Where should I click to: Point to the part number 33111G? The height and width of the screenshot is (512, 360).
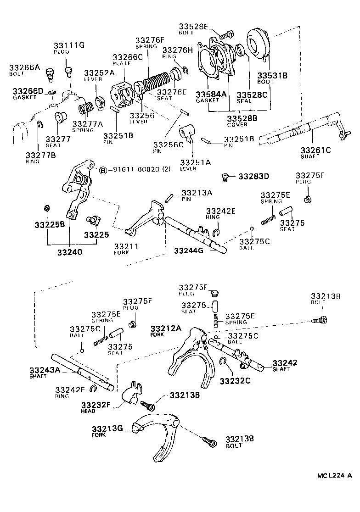tap(68, 45)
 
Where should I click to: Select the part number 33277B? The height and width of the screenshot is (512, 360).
tap(40, 155)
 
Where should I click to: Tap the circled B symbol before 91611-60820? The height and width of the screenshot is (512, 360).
tap(103, 169)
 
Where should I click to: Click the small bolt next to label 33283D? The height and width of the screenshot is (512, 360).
tap(225, 176)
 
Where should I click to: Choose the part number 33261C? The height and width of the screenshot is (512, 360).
tap(315, 150)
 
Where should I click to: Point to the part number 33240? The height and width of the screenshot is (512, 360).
tap(70, 251)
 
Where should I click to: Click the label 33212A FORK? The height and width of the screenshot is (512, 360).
tap(166, 331)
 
